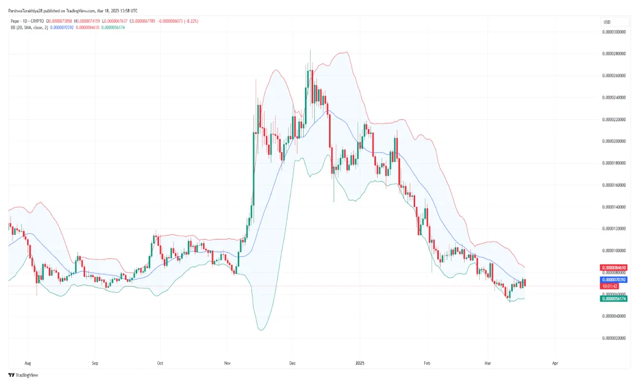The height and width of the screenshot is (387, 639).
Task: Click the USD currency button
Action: point(607,21)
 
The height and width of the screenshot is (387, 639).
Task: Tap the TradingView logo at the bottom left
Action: point(23,375)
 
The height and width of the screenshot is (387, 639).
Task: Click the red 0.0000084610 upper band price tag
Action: point(614,268)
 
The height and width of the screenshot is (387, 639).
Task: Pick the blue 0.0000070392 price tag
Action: point(614,280)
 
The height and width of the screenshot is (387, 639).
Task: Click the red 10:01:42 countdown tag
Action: point(611,286)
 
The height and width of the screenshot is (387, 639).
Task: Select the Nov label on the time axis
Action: point(227,362)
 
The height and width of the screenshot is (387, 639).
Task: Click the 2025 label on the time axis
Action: point(360,362)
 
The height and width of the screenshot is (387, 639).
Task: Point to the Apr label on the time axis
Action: point(555,362)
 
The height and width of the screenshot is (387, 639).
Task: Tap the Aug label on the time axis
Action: point(28,362)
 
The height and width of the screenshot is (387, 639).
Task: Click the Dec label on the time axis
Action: point(292,362)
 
